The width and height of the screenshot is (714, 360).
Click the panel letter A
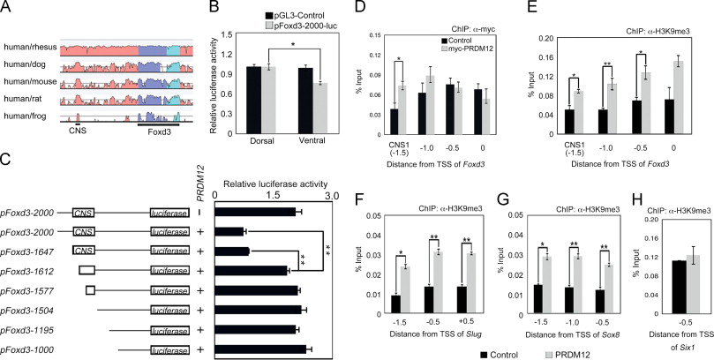6,7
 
